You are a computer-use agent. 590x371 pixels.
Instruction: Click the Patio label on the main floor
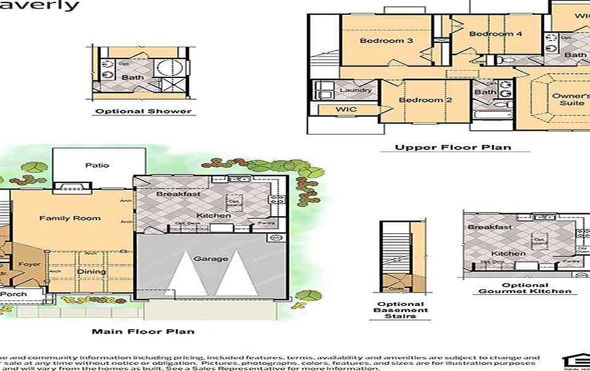point(97,165)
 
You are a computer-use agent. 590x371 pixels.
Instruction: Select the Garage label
point(211,259)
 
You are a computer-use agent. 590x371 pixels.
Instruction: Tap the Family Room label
point(69,218)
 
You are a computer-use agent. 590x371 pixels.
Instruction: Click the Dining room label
point(91,271)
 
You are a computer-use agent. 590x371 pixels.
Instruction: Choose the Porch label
point(13,294)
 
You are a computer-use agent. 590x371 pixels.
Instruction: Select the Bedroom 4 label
point(495,34)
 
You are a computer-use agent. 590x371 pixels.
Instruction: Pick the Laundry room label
point(356,90)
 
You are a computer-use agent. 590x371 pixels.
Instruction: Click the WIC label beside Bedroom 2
point(346,109)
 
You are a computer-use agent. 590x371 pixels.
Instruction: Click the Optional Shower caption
point(143,111)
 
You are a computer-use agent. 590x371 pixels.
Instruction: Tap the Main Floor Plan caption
point(143,332)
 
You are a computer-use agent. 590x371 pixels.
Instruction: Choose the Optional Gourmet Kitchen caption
point(525,288)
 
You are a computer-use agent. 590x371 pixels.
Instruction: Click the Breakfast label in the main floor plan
point(178,193)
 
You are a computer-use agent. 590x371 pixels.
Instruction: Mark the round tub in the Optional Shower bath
point(167,68)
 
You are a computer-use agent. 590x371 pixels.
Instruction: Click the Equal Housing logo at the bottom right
point(575,362)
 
